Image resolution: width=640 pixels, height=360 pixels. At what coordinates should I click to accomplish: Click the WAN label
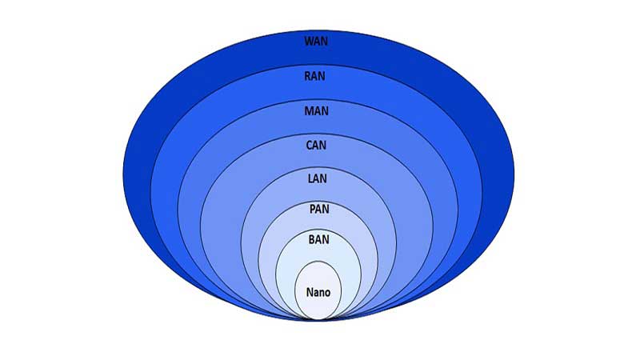[316, 42]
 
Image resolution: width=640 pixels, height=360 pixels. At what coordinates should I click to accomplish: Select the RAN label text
[314, 76]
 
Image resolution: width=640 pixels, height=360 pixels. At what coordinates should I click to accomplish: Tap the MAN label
[316, 110]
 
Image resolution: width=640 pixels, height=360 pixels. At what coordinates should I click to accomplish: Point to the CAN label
[316, 145]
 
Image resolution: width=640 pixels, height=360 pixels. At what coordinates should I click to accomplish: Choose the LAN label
[317, 178]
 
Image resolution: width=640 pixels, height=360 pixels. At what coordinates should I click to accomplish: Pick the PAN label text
[319, 209]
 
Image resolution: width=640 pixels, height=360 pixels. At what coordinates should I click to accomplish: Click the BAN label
[318, 239]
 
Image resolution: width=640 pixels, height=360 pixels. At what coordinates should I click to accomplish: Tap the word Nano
[318, 292]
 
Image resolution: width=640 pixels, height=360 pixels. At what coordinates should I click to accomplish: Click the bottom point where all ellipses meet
[318, 320]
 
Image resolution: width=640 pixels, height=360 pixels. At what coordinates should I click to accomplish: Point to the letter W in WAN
[309, 42]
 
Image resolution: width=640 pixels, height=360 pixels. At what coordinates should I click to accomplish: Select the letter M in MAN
[309, 110]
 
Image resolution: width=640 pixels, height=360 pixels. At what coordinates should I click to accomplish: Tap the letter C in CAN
[310, 145]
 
